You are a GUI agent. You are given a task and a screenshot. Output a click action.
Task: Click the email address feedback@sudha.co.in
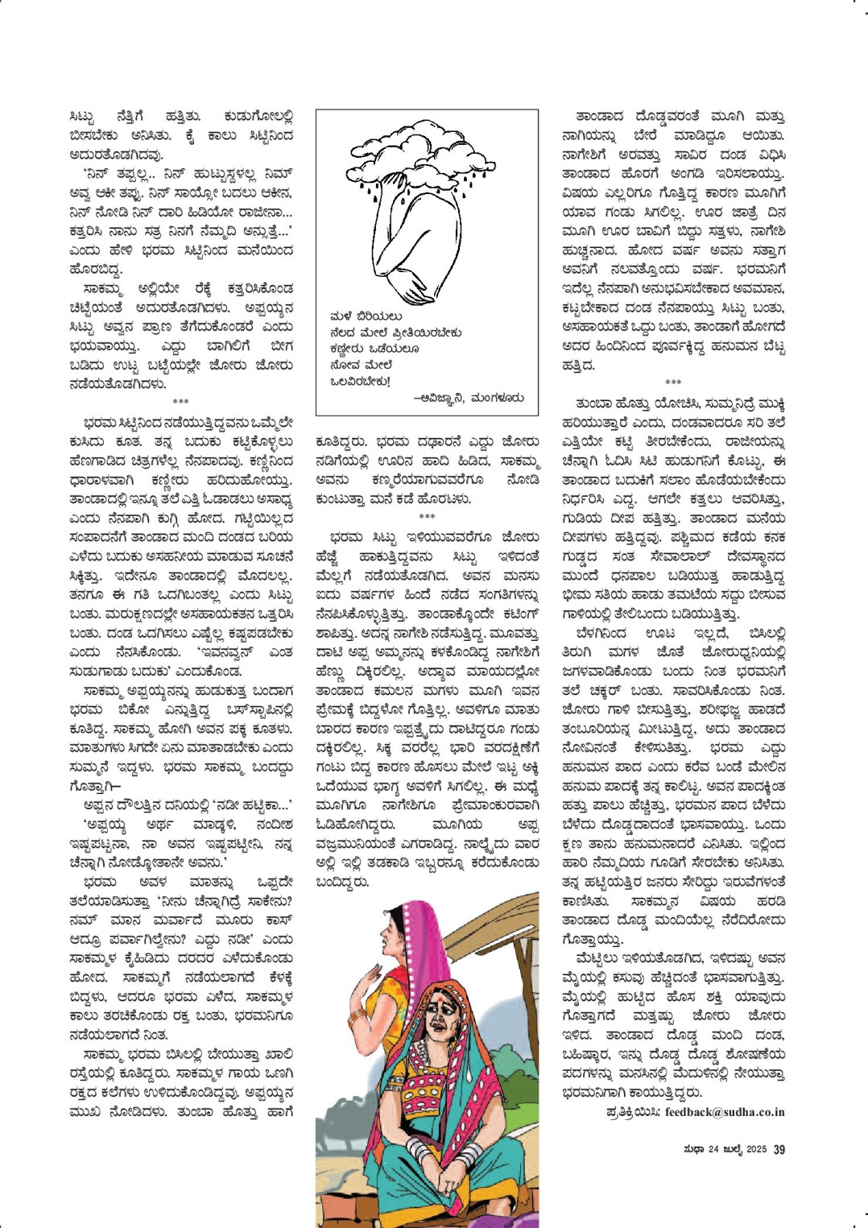coord(725,1112)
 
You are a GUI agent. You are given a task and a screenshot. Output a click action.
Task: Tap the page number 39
coord(779,1149)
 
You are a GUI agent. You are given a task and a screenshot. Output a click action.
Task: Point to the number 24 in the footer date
coord(713,1149)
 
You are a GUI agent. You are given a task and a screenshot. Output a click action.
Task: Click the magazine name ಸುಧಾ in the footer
coord(694,1149)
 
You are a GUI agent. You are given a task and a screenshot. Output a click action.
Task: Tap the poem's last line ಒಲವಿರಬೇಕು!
coord(360,381)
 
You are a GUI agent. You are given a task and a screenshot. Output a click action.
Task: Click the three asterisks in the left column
coord(180,401)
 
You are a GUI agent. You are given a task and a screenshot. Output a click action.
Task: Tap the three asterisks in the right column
coord(673,382)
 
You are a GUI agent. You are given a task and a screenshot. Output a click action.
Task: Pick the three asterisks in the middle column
coord(427,517)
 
